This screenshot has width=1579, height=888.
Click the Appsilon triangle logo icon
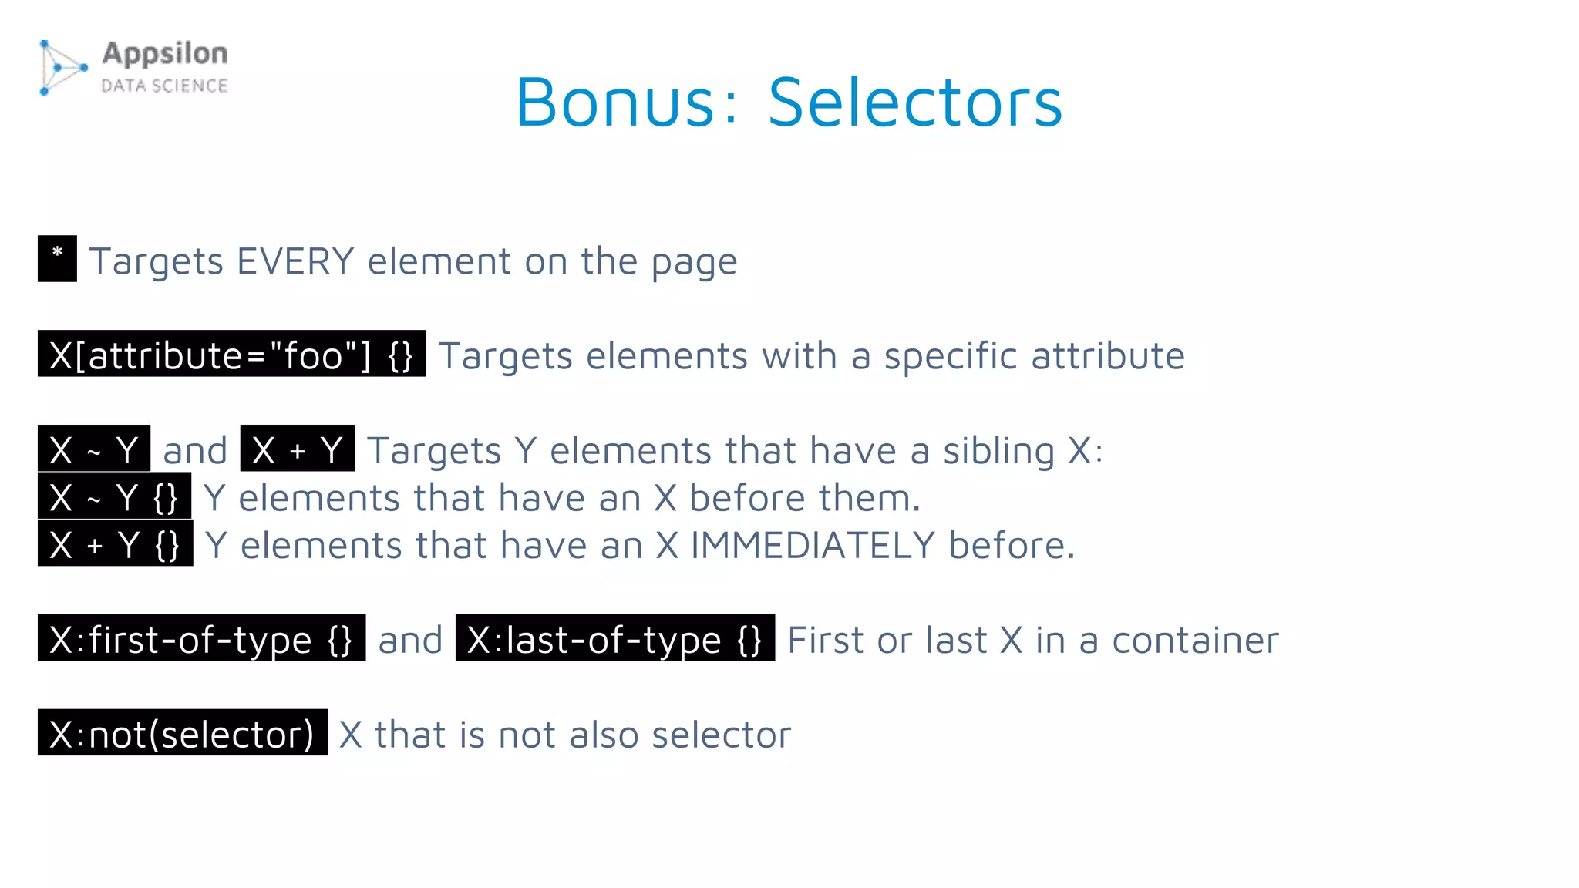(x=62, y=68)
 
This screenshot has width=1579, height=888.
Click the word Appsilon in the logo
(x=165, y=54)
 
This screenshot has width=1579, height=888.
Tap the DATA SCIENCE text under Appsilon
(x=164, y=86)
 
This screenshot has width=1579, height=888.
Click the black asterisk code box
(x=57, y=258)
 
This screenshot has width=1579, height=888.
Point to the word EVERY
(x=295, y=261)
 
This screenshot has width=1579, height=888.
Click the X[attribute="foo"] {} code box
(x=231, y=354)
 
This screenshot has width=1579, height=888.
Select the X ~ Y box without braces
(x=94, y=449)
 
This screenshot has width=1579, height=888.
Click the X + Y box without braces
(x=297, y=449)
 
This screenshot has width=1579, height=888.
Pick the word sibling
(x=998, y=451)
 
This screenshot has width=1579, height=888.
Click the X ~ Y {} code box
(x=114, y=496)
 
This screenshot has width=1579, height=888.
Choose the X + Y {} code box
(x=115, y=543)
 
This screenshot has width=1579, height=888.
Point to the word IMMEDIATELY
(x=813, y=546)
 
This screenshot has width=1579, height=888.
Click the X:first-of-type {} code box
(x=201, y=638)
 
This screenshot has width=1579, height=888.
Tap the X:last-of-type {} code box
(x=614, y=638)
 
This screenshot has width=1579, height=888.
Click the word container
(x=1195, y=641)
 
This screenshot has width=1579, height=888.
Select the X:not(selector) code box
(x=182, y=733)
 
